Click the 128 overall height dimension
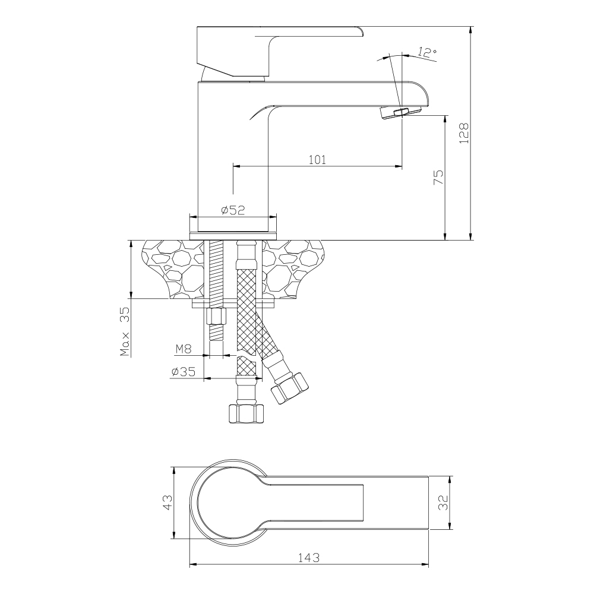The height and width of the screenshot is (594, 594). pos(464,132)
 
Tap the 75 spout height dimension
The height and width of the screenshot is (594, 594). pos(438,177)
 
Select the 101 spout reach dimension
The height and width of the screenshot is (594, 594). pos(317,159)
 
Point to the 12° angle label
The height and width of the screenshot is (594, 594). pos(427,53)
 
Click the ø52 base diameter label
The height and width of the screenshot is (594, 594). pos(233,210)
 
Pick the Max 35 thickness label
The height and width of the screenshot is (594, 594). pos(125,331)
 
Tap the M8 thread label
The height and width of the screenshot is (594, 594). pos(184,349)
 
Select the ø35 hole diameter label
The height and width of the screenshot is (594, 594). pos(184,372)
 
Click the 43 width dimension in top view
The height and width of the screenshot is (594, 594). pos(167,503)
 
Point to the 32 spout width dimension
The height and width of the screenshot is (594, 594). pos(443,503)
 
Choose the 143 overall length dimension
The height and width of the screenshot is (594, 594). pos(308,558)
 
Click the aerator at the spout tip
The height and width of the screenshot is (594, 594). pos(401,112)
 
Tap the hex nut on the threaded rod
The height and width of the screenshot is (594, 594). pos(216,317)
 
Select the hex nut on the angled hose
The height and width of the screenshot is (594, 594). pos(289,389)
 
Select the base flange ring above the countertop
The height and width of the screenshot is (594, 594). pos(233,235)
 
